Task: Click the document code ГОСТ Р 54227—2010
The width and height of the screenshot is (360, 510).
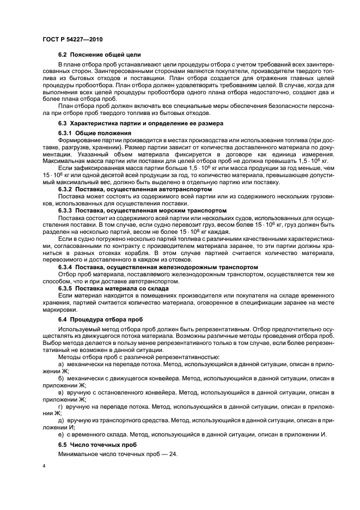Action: [x=72, y=41]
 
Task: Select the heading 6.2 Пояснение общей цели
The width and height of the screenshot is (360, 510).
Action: [x=99, y=54]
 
